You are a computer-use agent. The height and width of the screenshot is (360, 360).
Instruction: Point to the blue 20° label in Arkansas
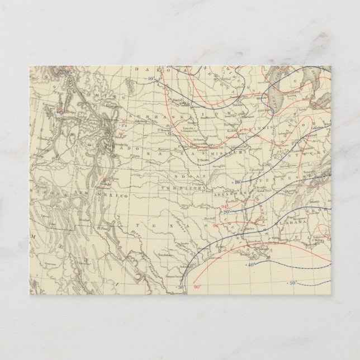[228, 212]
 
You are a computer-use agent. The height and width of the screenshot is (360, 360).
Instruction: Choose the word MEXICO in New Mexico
[116, 197]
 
